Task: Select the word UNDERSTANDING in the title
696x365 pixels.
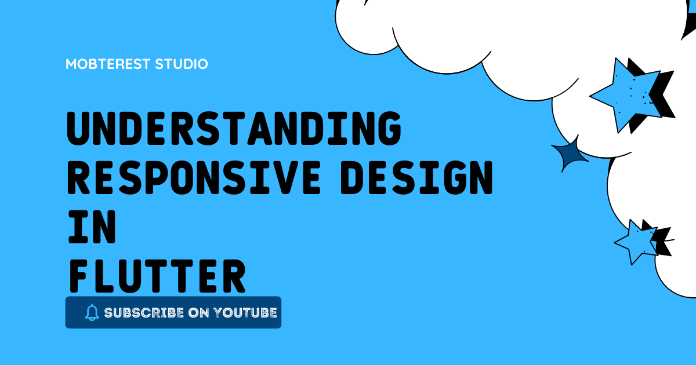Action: pos(234,129)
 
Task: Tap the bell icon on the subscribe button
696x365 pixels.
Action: pos(92,313)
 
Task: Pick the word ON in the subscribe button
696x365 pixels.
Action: pos(199,313)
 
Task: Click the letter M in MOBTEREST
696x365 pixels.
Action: pos(72,64)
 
